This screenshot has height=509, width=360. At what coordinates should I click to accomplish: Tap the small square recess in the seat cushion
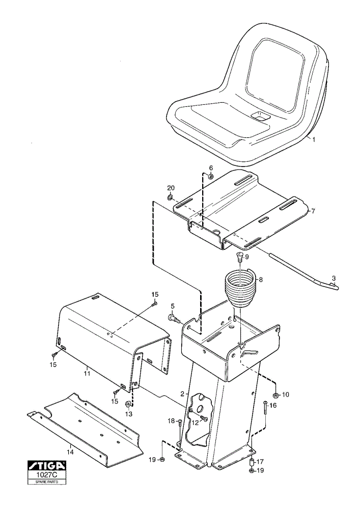coord(260,116)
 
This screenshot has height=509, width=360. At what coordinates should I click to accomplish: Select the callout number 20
coord(171,188)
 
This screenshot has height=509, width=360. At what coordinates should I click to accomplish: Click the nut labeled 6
coord(210,177)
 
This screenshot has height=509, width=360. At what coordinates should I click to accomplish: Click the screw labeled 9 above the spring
coord(239,259)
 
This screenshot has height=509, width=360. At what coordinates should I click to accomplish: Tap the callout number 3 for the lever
coord(334,278)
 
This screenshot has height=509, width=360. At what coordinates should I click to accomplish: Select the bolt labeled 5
coord(174,317)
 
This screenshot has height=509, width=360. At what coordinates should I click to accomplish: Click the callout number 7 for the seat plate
coord(313,211)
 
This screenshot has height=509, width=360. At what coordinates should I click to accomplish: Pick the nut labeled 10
coord(275,395)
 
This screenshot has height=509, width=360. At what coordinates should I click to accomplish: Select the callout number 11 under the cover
coord(87,374)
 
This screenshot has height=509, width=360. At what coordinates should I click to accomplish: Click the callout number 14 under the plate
coord(70,452)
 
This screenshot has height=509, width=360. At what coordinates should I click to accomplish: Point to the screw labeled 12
coord(204,418)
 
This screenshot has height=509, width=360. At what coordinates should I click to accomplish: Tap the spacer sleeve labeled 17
coord(251,462)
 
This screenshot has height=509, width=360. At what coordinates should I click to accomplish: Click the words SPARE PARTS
coord(47,482)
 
